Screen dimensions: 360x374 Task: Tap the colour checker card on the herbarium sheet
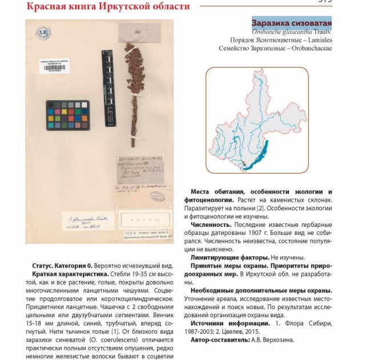[x=67, y=115]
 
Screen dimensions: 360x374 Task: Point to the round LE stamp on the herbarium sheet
[x=43, y=34]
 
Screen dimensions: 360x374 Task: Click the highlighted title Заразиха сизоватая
[x=291, y=24]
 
